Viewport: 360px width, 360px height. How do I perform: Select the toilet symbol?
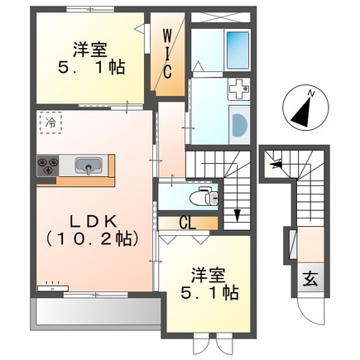199,196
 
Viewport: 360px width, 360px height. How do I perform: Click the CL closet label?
190,223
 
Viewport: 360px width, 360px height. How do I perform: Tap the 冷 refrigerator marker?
50,122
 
